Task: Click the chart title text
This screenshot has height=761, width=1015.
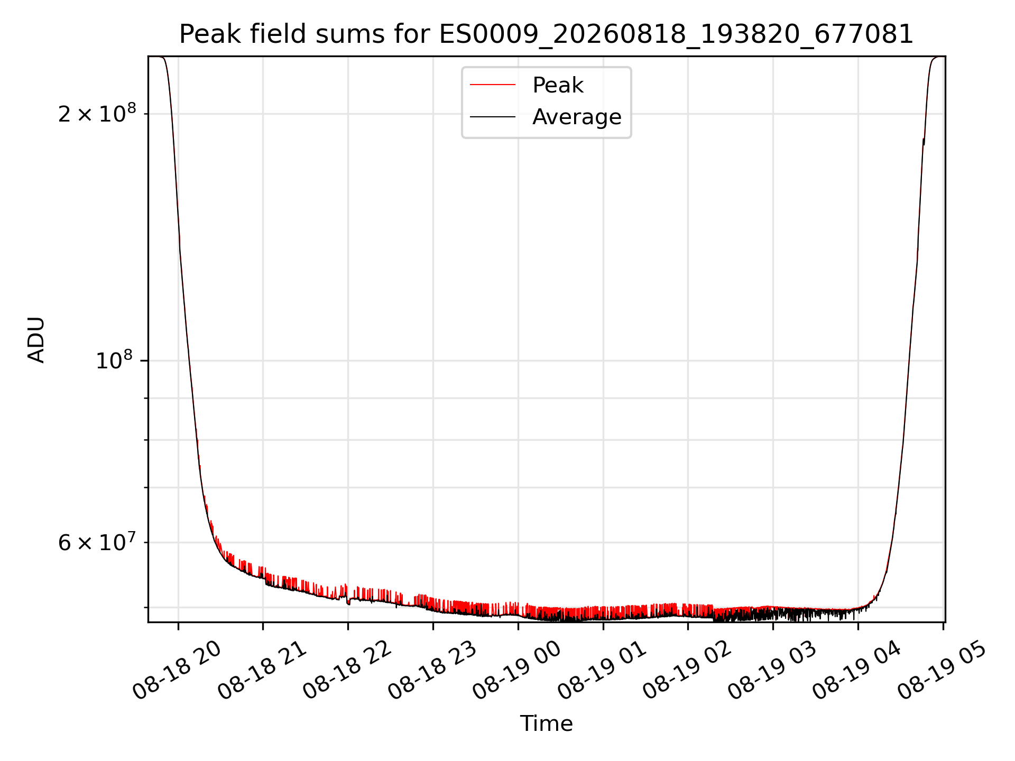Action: pyautogui.click(x=546, y=35)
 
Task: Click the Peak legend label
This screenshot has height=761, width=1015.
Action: pyautogui.click(x=558, y=85)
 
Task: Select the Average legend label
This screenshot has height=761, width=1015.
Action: pyautogui.click(x=577, y=117)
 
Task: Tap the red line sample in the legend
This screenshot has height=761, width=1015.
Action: pyautogui.click(x=493, y=85)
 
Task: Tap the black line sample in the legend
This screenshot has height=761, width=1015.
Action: pyautogui.click(x=493, y=116)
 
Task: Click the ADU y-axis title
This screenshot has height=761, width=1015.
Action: pyautogui.click(x=36, y=340)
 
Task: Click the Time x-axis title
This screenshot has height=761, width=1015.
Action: pyautogui.click(x=546, y=723)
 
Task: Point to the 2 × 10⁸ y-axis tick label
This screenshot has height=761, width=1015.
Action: pyautogui.click(x=97, y=113)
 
